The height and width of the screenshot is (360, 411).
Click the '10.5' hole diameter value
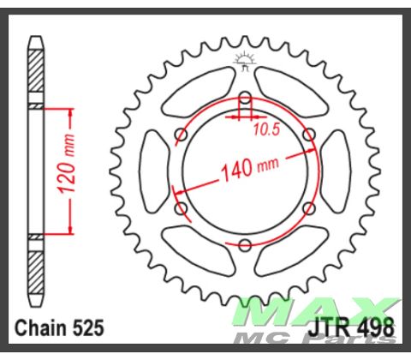coord(265,129)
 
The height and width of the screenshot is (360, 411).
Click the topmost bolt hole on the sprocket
coord(245,97)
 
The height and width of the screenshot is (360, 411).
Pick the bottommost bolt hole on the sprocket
coord(245,247)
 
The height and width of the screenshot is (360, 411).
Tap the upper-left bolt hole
coord(181,135)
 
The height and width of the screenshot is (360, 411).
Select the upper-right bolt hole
coord(309,135)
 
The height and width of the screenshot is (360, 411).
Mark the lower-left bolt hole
coord(181,209)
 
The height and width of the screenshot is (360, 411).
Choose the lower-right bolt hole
coord(309,209)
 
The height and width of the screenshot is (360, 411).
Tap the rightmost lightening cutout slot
coord(336,171)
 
